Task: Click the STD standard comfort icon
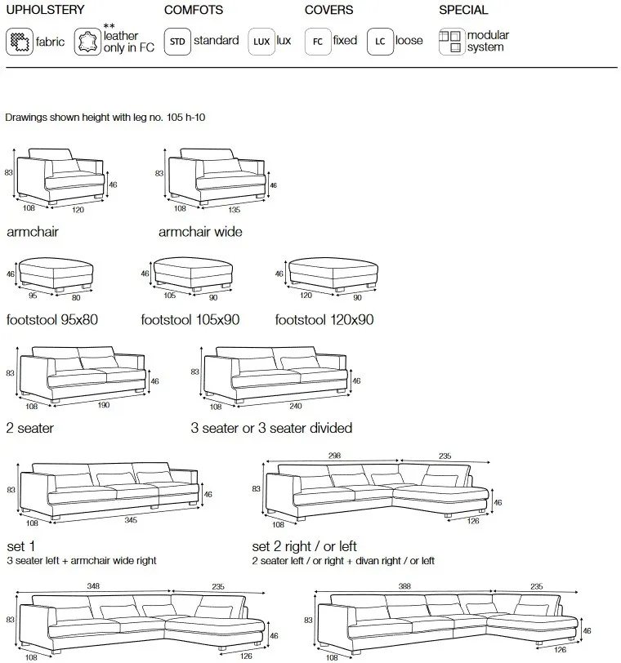pos(176,42)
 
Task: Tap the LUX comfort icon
pos(261,42)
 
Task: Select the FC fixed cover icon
pos(317,42)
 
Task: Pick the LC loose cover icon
pos(380,42)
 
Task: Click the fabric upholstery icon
pos(19,42)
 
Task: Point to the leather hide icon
pos(87,42)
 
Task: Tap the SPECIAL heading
pos(463,11)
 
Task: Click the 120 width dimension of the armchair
pos(78,209)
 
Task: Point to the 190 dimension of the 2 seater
pos(102,405)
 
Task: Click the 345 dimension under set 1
pos(130,519)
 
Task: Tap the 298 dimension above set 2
pos(331,456)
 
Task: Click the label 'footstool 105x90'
pos(190,320)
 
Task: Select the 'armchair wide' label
pos(200,232)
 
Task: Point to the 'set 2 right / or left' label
pos(304,546)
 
